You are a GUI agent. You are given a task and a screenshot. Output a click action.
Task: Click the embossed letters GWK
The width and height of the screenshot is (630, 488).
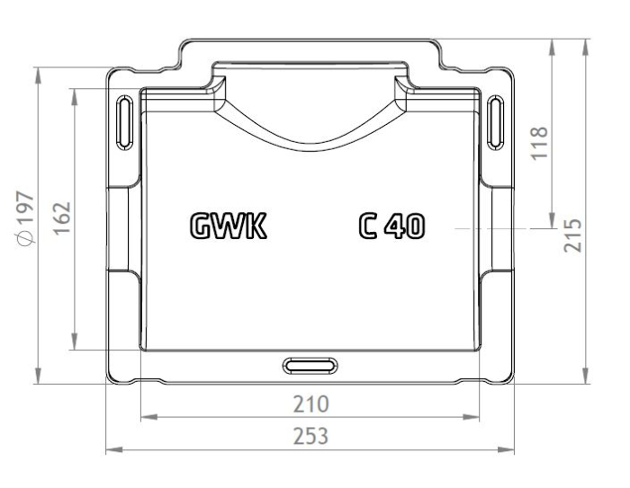click(229, 226)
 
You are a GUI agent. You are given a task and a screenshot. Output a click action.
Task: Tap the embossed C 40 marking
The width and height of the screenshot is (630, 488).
click(391, 226)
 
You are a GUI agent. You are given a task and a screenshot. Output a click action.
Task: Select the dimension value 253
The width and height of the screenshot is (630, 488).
click(310, 436)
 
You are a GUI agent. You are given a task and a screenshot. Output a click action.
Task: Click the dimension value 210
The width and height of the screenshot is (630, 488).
click(311, 404)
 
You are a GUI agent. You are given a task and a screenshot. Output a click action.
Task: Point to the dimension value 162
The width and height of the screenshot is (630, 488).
click(62, 218)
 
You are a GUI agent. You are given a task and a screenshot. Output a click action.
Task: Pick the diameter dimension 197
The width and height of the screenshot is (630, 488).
click(27, 218)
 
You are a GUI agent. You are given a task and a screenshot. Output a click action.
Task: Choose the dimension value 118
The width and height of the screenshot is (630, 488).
click(540, 143)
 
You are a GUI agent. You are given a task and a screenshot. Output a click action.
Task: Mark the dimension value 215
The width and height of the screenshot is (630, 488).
click(573, 235)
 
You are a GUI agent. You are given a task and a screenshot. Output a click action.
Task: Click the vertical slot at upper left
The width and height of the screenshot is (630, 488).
click(125, 122)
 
